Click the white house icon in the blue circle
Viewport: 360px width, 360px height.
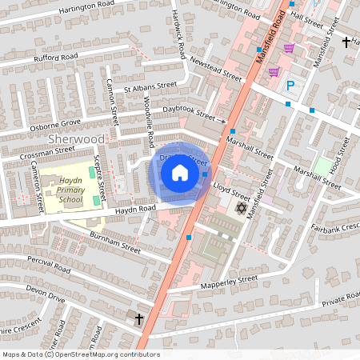click(180, 172)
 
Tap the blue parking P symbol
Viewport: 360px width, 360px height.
click(290, 86)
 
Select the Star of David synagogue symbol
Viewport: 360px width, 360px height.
click(241, 208)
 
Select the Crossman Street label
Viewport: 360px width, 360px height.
click(48, 150)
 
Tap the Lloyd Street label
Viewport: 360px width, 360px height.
click(233, 190)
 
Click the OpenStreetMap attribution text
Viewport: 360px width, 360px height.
click(80, 354)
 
